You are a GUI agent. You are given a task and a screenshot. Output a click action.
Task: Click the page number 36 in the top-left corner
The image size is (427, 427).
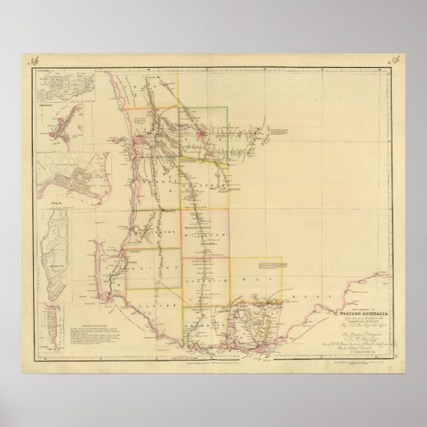tap(30, 63)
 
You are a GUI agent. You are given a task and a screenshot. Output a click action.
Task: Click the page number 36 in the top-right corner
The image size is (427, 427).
tap(393, 63)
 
